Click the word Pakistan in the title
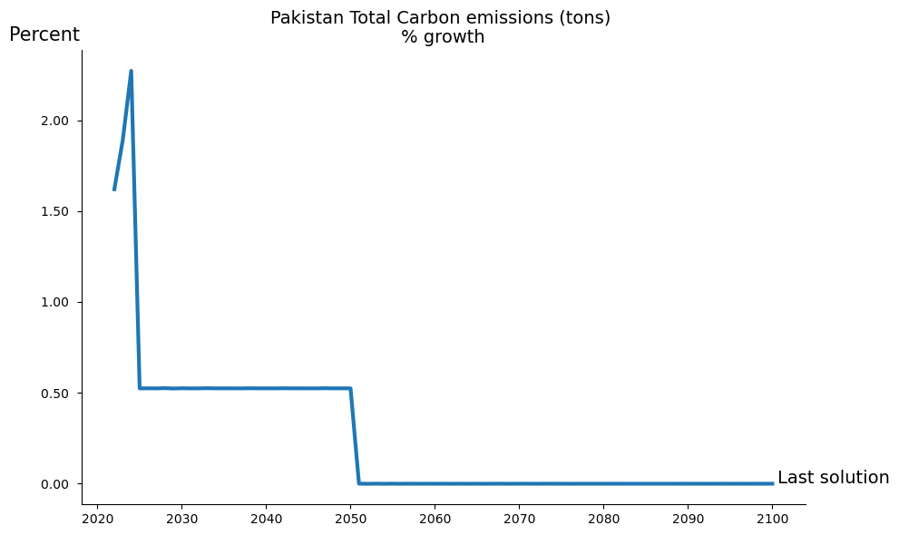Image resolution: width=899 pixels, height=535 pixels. pos(305,18)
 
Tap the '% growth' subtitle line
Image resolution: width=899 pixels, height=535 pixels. pos(443,37)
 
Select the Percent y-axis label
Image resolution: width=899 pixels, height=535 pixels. pos(44,35)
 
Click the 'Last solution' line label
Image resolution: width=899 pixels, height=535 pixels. pos(833,478)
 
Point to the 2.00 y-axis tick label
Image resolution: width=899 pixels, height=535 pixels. pos(60,122)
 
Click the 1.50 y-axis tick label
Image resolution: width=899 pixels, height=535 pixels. pos(60,212)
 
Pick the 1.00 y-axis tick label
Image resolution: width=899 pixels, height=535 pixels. pos(60,303)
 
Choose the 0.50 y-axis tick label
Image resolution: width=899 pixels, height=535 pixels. pos(60,394)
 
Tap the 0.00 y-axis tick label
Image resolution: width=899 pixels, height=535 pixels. pos(60,484)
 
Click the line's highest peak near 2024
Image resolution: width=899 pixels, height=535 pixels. pos(131,71)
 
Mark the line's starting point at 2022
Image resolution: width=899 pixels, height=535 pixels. pos(114,190)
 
